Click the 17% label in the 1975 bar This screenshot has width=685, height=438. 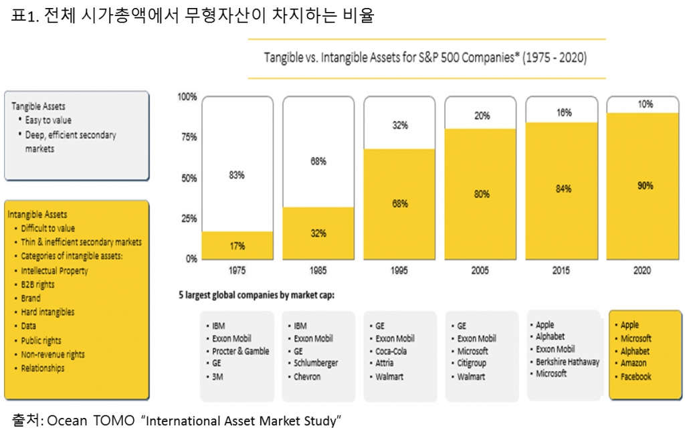pyautogui.click(x=237, y=246)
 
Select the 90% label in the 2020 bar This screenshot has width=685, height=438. pyautogui.click(x=645, y=186)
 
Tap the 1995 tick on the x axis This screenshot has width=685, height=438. pyautogui.click(x=399, y=271)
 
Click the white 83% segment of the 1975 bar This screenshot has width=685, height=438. pyautogui.click(x=237, y=164)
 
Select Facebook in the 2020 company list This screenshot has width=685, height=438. pyautogui.click(x=635, y=376)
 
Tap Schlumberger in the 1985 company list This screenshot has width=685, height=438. pyautogui.click(x=316, y=363)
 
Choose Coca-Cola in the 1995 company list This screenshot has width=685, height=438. pyautogui.click(x=391, y=351)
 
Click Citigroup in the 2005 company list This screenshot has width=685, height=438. pyautogui.click(x=472, y=363)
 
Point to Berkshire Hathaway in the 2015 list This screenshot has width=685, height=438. pyautogui.click(x=568, y=362)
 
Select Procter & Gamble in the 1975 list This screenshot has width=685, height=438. pyautogui.click(x=241, y=351)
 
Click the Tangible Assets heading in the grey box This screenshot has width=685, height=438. pyautogui.click(x=39, y=106)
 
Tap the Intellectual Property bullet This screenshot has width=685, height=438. pyautogui.click(x=54, y=271)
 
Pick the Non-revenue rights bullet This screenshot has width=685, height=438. pyautogui.click(x=53, y=354)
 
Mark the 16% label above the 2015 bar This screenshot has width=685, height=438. pyautogui.click(x=563, y=113)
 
